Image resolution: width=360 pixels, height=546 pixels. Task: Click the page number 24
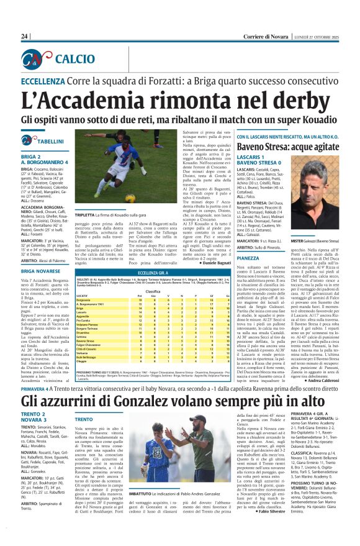point(24,37)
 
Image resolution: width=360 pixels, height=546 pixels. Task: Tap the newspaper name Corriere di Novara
point(266,37)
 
